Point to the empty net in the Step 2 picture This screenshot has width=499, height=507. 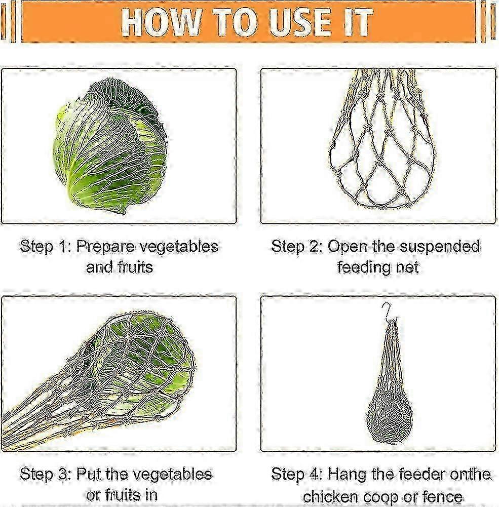coord(382,139)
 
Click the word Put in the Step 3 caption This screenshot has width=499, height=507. coord(88,475)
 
